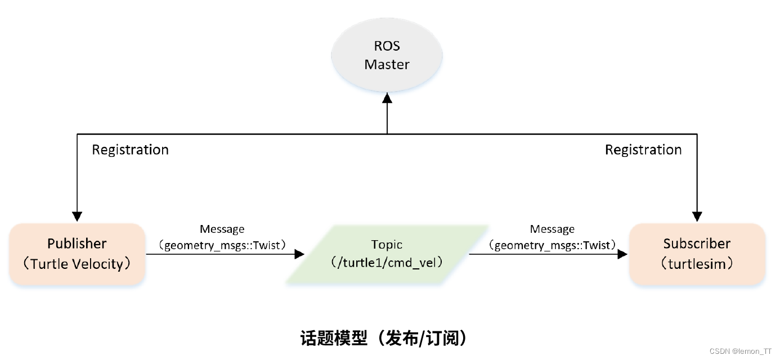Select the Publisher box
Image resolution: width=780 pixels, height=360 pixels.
(77, 254)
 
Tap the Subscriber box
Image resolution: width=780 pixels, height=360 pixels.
(697, 254)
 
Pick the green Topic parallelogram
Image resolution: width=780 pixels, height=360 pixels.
(387, 254)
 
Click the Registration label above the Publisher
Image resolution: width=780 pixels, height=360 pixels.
(130, 150)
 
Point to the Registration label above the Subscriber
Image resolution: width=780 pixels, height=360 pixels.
(643, 150)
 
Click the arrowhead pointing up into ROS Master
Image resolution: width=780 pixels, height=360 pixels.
(387, 98)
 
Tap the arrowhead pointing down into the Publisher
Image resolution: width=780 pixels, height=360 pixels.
(77, 217)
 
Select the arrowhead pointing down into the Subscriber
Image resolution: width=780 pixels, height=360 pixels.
(697, 217)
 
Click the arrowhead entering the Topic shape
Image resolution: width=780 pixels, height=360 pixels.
(298, 254)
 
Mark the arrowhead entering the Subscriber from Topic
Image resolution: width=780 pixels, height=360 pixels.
(622, 254)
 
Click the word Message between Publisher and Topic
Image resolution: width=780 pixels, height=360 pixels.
(222, 229)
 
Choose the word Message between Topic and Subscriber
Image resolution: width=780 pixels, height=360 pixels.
(552, 229)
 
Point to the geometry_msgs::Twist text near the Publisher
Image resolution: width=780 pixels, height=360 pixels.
(222, 245)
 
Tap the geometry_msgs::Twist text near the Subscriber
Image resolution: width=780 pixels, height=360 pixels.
(552, 245)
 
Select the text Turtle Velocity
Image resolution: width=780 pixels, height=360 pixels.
(77, 263)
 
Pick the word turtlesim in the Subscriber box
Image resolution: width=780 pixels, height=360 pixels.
(697, 263)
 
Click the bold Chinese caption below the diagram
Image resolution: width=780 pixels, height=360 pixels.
(386, 337)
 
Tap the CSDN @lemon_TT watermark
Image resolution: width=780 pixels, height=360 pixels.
(741, 351)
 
